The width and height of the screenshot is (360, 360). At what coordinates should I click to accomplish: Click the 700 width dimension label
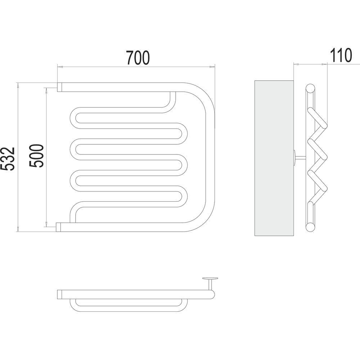[138, 58]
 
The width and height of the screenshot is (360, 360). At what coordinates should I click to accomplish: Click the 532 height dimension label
[8, 159]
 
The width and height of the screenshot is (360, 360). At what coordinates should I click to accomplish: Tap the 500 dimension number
[36, 156]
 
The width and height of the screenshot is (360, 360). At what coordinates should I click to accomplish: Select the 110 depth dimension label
[341, 55]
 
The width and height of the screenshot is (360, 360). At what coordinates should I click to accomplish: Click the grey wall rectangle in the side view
[274, 158]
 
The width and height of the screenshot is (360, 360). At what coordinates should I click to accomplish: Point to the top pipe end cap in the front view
[60, 87]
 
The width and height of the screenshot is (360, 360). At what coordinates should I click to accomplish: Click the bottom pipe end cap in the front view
[58, 227]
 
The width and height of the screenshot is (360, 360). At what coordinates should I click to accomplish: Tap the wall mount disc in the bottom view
[210, 279]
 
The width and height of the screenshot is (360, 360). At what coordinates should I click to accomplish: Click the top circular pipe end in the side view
[310, 89]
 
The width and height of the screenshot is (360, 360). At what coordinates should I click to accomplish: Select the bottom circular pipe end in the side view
[310, 227]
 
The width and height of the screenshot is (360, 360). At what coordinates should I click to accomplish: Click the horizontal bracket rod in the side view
[300, 157]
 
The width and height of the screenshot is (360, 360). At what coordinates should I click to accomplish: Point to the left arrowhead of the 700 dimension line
[60, 67]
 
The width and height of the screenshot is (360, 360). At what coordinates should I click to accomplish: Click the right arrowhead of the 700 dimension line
[212, 67]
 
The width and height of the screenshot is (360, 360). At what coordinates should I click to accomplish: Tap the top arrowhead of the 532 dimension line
[18, 85]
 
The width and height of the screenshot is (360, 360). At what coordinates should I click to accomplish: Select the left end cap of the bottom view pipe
[60, 294]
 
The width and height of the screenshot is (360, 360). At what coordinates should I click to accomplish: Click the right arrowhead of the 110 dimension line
[324, 64]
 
